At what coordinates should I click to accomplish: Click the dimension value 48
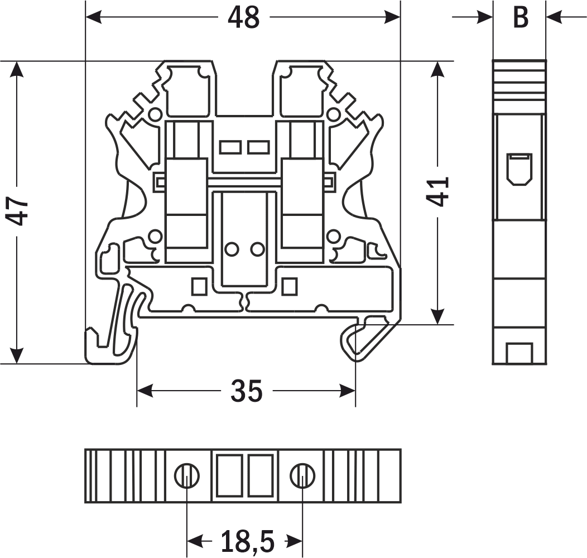[244, 18]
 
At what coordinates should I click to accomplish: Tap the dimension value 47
[20, 211]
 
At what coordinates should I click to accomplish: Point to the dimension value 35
[246, 391]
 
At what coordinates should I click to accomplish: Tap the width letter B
[520, 18]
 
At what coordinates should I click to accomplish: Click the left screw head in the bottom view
[186, 475]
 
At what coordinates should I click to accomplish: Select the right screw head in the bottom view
[302, 475]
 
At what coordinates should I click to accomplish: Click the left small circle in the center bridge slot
[231, 249]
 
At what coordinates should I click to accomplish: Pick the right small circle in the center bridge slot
[257, 249]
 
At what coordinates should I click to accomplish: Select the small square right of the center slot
[288, 286]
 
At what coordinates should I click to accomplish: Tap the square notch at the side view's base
[519, 353]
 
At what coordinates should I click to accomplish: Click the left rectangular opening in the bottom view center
[229, 475]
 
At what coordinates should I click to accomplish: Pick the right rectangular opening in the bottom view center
[259, 475]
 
